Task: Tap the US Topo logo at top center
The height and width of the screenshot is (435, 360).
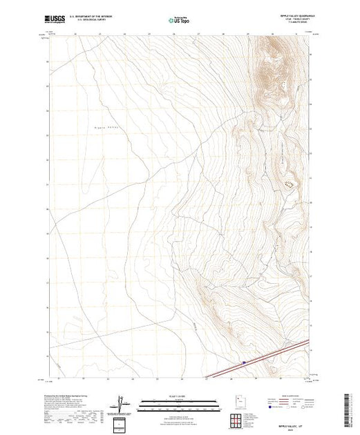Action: pyautogui.click(x=180, y=21)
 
